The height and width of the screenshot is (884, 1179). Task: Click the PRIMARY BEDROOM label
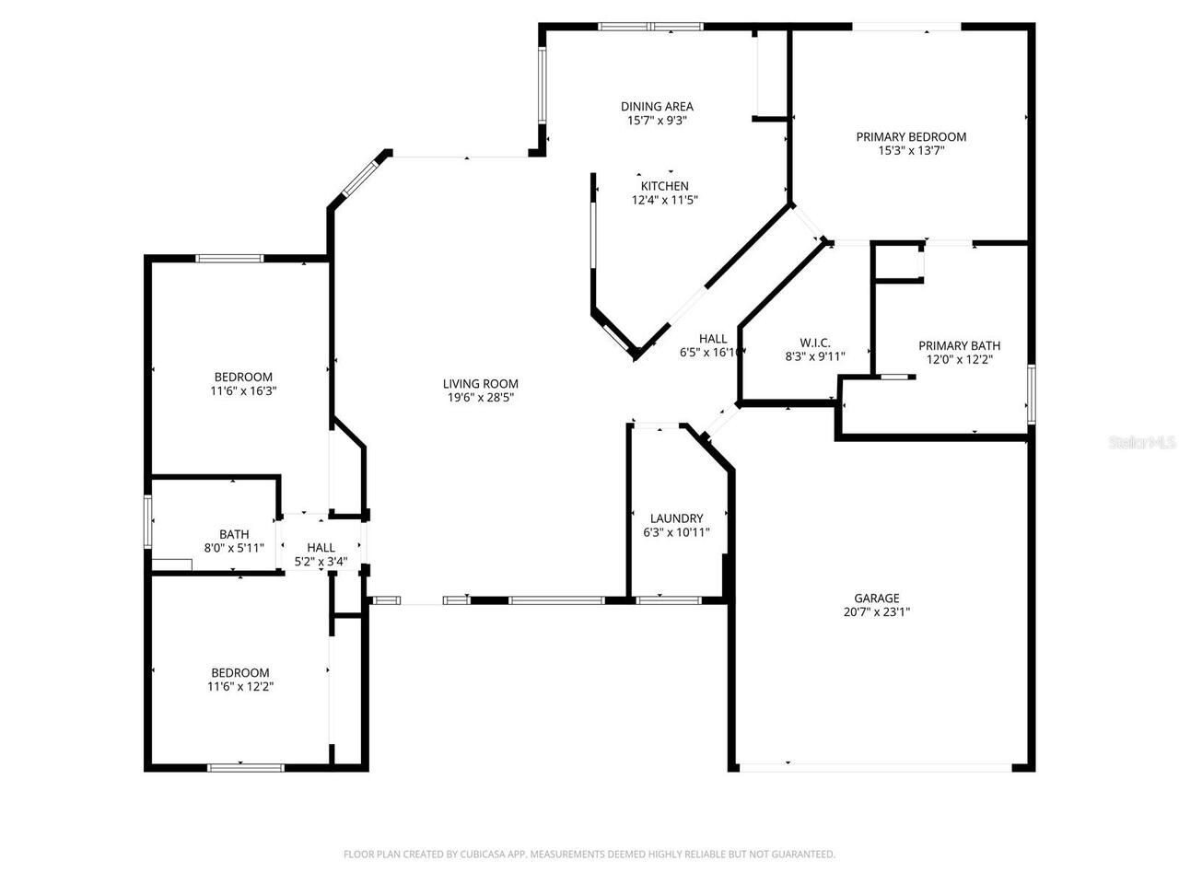coord(911,137)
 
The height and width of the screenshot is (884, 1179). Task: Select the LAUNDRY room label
coord(676,518)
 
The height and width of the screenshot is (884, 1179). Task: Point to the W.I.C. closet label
coord(815,343)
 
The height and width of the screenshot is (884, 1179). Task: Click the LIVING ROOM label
coord(480,384)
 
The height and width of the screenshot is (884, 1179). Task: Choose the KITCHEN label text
coord(664,186)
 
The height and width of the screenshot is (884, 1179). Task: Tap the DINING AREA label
coord(657,107)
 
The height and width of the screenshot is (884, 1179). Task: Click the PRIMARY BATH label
coord(959,346)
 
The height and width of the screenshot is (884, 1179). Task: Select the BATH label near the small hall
coord(234,534)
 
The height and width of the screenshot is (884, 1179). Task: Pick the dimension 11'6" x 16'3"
coord(243,390)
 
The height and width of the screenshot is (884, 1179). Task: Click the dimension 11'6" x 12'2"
coord(240,686)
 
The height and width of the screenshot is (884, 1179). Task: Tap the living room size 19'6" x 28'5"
coord(480,398)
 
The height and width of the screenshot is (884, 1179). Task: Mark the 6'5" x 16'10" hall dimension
coord(711,352)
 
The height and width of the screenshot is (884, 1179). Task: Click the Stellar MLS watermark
coord(1143,442)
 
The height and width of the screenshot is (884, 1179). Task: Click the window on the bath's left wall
coord(147,522)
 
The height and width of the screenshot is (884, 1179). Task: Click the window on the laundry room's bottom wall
coord(669,600)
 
